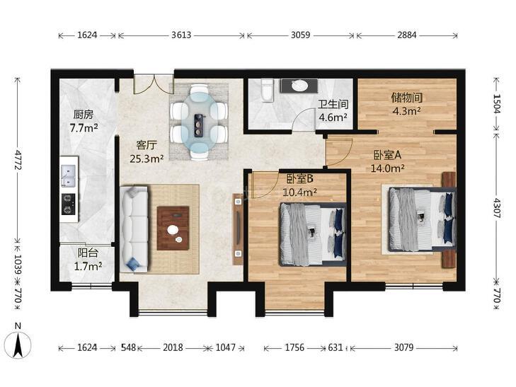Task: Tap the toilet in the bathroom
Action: (x=267, y=89)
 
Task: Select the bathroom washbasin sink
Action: (x=299, y=86)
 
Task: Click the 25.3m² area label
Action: (x=147, y=159)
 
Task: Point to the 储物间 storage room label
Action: (x=407, y=98)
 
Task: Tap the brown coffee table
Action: (x=173, y=229)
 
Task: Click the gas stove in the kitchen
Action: (x=68, y=204)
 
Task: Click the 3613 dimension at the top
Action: (x=181, y=35)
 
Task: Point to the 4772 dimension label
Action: (x=18, y=160)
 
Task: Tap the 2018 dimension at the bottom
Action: (x=173, y=347)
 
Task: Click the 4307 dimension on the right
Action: (x=497, y=208)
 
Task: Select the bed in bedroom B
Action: (x=313, y=234)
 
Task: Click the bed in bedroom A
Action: (x=423, y=219)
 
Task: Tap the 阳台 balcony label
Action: (x=88, y=253)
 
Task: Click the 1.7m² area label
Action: (x=88, y=266)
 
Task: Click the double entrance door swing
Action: (x=154, y=84)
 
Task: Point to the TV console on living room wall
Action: (x=238, y=229)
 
